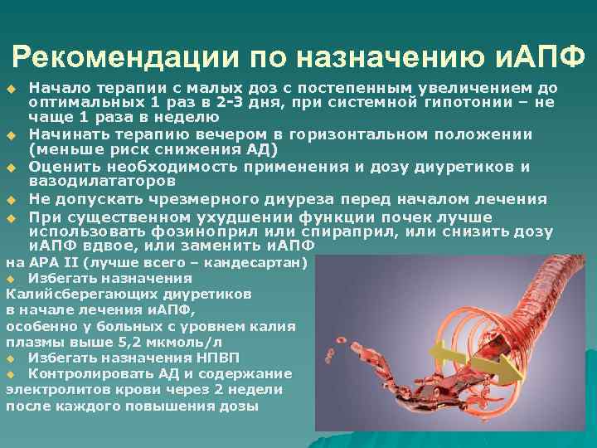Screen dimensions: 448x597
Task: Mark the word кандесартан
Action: pos(260,264)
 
